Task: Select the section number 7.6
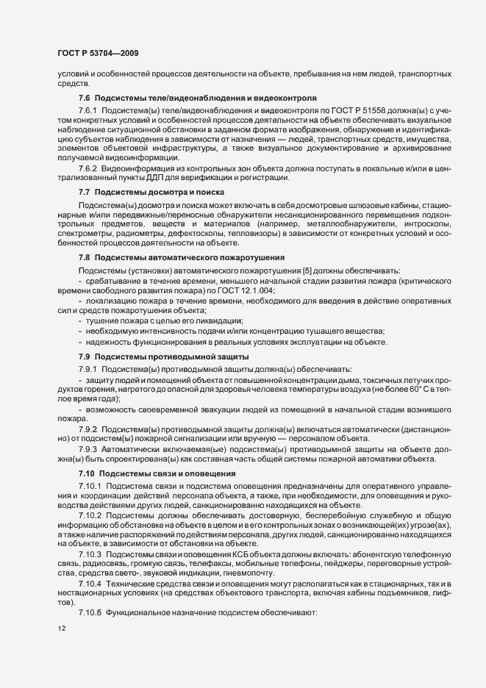pos(83,98)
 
